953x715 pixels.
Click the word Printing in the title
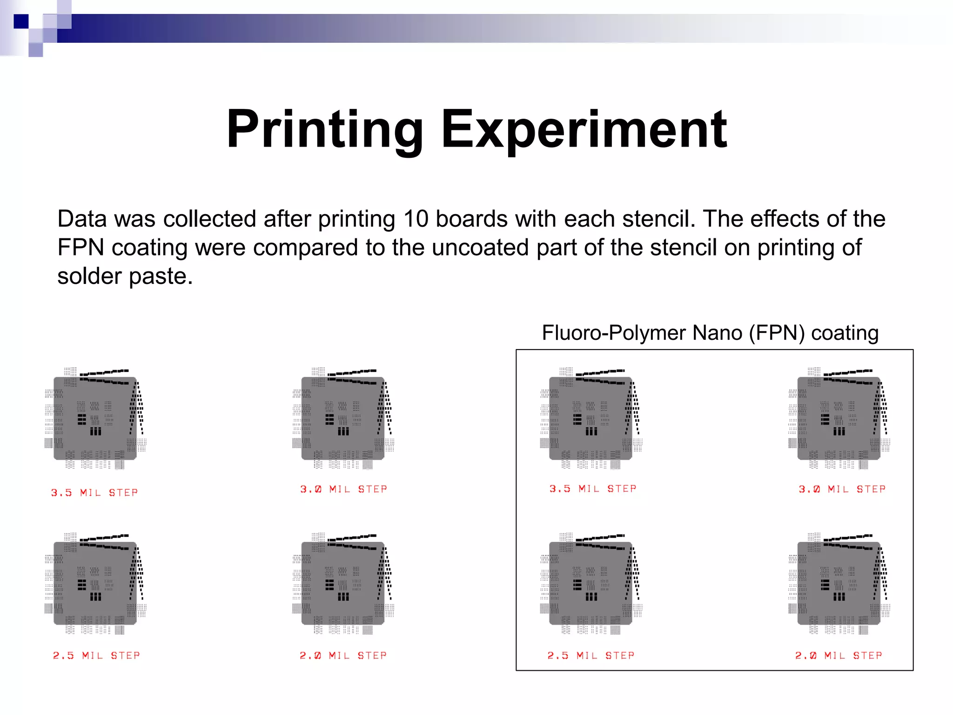(x=324, y=129)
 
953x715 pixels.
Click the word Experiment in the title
(x=584, y=129)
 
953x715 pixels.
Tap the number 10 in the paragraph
(x=416, y=219)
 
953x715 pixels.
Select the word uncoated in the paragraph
(x=480, y=247)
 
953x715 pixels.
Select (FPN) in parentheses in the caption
(x=777, y=333)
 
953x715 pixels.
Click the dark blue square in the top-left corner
(x=21, y=21)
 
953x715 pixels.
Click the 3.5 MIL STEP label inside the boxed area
(x=593, y=489)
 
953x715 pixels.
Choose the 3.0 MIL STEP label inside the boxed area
(x=842, y=489)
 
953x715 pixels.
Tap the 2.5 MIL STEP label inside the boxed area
(x=591, y=655)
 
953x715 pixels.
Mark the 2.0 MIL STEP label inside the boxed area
(x=839, y=655)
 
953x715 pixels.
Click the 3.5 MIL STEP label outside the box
(x=94, y=492)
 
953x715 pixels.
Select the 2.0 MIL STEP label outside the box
(x=343, y=655)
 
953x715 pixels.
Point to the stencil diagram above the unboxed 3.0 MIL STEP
(x=343, y=418)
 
